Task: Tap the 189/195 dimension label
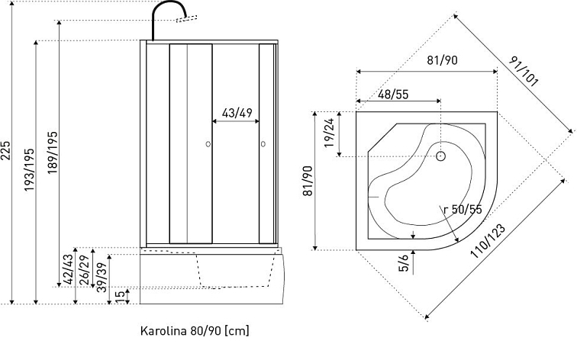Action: pyautogui.click(x=53, y=153)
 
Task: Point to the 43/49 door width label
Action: pyautogui.click(x=237, y=113)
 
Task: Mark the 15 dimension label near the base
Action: pyautogui.click(x=119, y=295)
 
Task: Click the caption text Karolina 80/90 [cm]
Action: pyautogui.click(x=195, y=332)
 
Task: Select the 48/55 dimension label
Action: pyautogui.click(x=394, y=94)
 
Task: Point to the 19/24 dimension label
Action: pyautogui.click(x=329, y=133)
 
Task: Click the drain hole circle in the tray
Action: pyautogui.click(x=440, y=156)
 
